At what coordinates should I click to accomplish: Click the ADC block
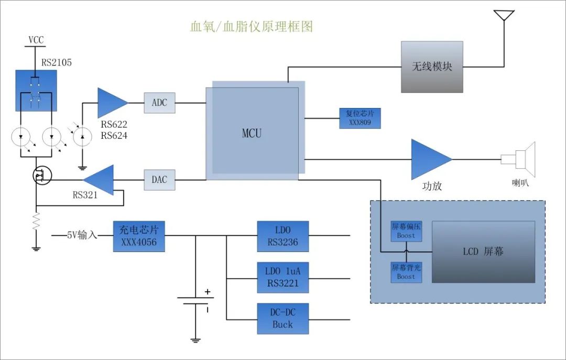click(x=159, y=103)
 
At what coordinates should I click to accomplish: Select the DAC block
click(x=159, y=180)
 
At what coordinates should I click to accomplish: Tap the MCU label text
click(x=252, y=133)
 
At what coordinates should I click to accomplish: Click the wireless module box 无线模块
click(x=432, y=67)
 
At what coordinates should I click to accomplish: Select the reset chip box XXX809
click(x=360, y=118)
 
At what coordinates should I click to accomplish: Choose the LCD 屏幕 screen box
click(x=483, y=252)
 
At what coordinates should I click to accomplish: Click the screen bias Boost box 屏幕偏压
click(x=406, y=231)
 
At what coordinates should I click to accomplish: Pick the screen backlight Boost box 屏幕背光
click(x=406, y=272)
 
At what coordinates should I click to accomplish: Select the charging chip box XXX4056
click(x=139, y=236)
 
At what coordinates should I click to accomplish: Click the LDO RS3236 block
click(x=282, y=236)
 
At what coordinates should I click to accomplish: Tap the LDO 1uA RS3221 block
click(x=282, y=277)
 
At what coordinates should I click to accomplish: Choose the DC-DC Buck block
click(x=282, y=318)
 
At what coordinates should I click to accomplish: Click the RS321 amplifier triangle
click(x=101, y=180)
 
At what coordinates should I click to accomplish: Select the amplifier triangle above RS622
click(x=111, y=103)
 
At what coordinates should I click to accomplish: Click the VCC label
click(x=36, y=40)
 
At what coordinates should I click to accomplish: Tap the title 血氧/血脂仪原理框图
click(x=251, y=26)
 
